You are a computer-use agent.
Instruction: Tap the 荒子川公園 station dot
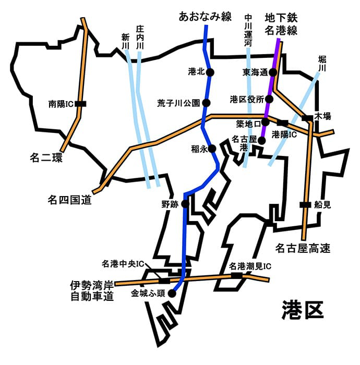207,103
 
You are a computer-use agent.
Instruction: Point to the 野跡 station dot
185,204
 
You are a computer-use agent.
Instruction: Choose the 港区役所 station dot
269,99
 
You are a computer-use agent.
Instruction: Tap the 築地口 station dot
265,122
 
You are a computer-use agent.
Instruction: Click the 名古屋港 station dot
262,140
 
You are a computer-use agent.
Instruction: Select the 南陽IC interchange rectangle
80,104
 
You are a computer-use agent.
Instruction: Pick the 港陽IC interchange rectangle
282,123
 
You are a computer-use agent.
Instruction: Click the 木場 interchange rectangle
308,118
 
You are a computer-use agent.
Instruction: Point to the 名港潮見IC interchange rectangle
237,275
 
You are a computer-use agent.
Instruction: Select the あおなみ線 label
205,17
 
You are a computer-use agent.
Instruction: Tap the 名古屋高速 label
303,248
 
